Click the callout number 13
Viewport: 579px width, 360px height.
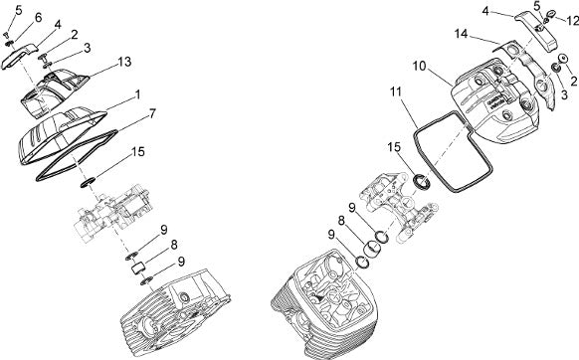coord(124,62)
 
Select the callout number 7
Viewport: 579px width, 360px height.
coord(152,113)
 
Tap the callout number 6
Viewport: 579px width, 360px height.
coord(39,17)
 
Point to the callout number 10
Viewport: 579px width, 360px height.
coord(419,67)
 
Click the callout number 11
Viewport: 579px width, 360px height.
coord(396,91)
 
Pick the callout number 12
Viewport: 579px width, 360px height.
coord(573,21)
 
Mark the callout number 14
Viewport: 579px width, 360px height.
coord(461,34)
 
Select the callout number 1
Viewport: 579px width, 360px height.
coord(137,94)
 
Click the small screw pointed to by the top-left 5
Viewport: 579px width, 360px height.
coord(6,35)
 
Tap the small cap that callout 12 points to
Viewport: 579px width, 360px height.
coord(551,14)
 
